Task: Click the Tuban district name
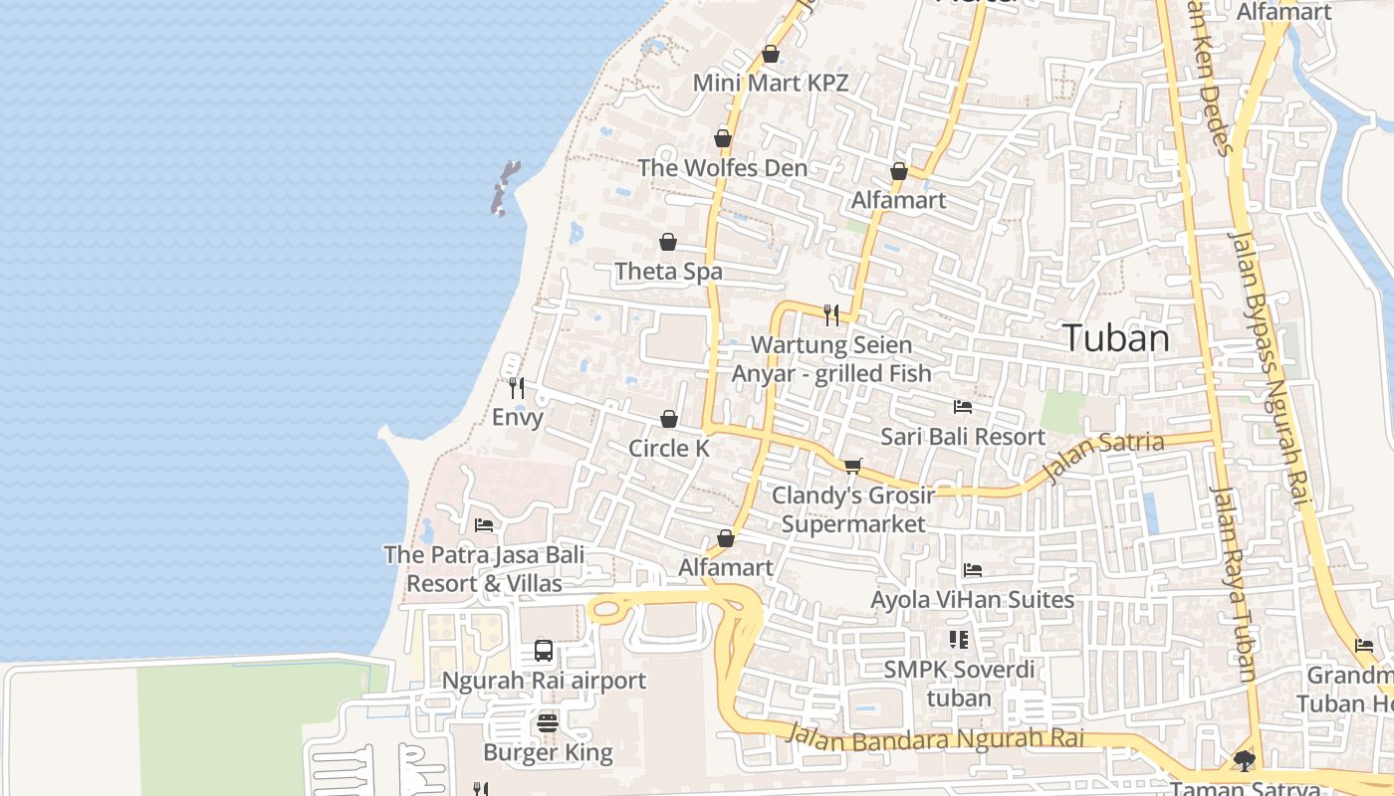(x=1115, y=338)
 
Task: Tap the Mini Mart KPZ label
(x=771, y=83)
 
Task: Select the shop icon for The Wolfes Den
(x=723, y=138)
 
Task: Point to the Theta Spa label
(x=668, y=272)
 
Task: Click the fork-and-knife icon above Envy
(x=516, y=387)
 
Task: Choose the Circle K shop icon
(x=669, y=420)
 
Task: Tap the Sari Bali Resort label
(x=962, y=437)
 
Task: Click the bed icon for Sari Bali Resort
(x=962, y=407)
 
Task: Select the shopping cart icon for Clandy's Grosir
(x=853, y=466)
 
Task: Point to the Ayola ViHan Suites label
(x=972, y=600)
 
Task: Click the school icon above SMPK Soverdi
(x=959, y=640)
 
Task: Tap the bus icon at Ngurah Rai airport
(x=544, y=652)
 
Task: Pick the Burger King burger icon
(x=548, y=723)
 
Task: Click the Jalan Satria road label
(x=1103, y=453)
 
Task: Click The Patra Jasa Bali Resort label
(x=484, y=569)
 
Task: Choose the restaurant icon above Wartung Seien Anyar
(x=831, y=315)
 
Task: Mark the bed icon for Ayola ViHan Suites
(x=973, y=570)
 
